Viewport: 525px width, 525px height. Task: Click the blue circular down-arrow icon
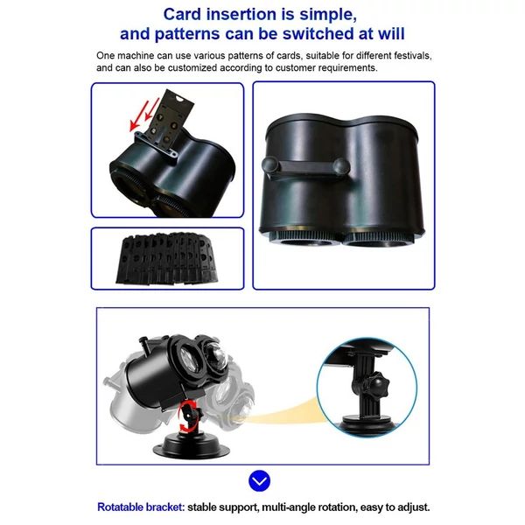coord(260,480)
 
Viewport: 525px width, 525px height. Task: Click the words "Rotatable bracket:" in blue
coord(141,507)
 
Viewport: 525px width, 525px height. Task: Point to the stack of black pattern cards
coord(167,258)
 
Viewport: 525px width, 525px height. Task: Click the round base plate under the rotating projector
coord(191,447)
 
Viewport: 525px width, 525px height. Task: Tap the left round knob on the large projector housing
coord(269,165)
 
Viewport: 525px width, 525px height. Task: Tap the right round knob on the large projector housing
coord(341,166)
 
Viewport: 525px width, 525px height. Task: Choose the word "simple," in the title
coord(328,16)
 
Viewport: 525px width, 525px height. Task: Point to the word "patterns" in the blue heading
coord(187,34)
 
